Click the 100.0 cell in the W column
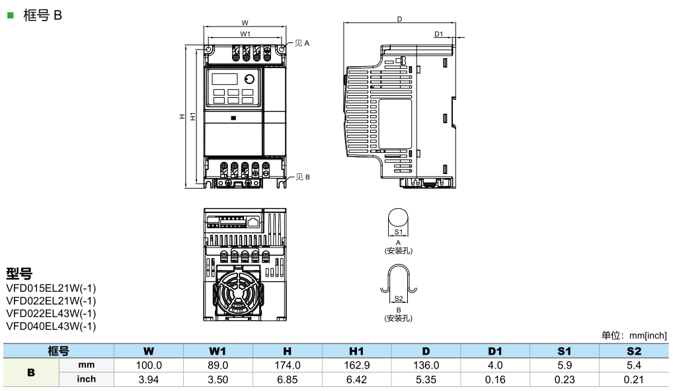point(149,365)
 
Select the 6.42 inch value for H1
point(356,380)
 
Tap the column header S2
point(633,351)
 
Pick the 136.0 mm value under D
point(426,365)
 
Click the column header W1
point(218,351)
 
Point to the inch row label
point(87,380)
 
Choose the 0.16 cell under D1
point(495,380)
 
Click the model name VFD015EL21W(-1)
point(51,288)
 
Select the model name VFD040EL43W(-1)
point(51,326)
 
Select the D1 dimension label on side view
point(439,34)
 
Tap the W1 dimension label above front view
point(245,33)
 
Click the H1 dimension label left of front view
point(192,116)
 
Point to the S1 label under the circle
point(398,232)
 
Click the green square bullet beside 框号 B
point(10,13)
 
